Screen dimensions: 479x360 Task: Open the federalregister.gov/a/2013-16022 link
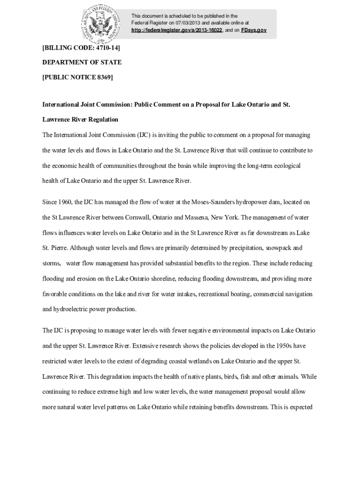(177, 30)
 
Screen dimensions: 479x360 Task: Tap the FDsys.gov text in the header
(254, 30)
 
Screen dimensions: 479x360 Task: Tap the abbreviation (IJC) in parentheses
(143, 135)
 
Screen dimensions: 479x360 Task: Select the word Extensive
(149, 346)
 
